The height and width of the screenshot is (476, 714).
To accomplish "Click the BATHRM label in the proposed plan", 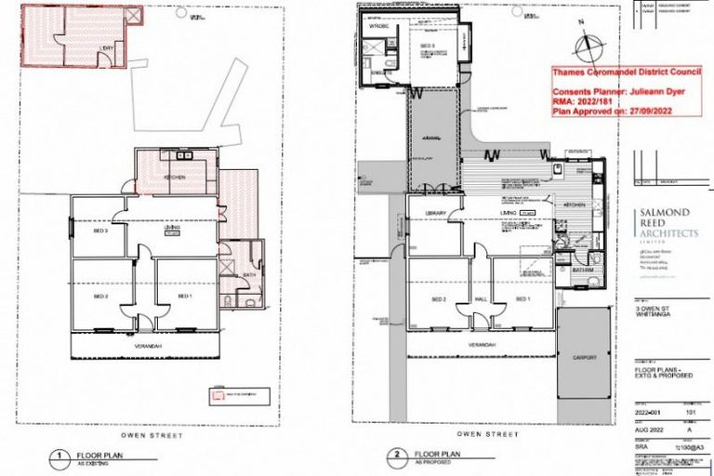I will point(583,271).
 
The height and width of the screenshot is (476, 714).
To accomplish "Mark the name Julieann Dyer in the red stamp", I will point(650,93).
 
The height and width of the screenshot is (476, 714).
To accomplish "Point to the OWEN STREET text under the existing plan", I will point(151,435).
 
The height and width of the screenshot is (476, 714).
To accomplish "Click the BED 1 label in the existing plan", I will point(186,296).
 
